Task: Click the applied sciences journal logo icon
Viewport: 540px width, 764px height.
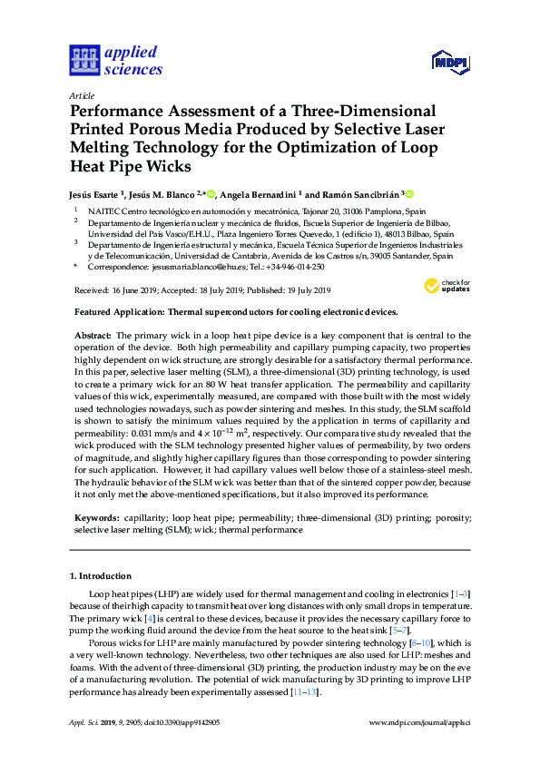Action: point(83,61)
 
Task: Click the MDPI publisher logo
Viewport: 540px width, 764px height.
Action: point(450,63)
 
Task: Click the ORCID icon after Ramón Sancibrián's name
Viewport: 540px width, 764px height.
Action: point(408,194)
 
